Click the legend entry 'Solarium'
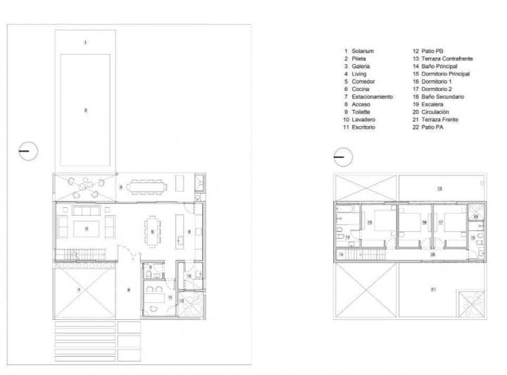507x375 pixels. [363, 51]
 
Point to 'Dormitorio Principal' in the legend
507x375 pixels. [445, 74]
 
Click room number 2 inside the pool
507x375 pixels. [85, 111]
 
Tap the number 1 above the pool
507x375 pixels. [85, 43]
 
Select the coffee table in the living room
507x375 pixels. [86, 228]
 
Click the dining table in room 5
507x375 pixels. [152, 231]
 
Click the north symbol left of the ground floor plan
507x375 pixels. [27, 150]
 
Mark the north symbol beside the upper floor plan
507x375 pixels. [342, 156]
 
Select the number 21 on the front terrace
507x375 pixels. [434, 290]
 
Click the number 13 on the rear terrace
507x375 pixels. [439, 189]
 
